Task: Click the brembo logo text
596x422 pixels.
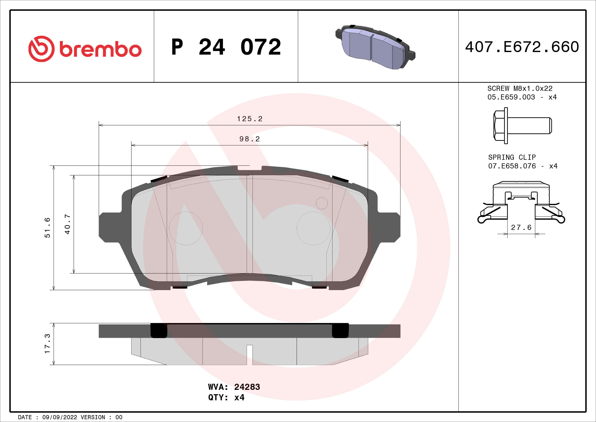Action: pyautogui.click(x=100, y=49)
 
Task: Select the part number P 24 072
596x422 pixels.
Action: pyautogui.click(x=226, y=47)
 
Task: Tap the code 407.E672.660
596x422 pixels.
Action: pyautogui.click(x=522, y=47)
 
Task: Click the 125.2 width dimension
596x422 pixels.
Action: pyautogui.click(x=249, y=119)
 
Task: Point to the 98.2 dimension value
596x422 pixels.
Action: pyautogui.click(x=249, y=139)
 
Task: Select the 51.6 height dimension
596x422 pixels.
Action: pyautogui.click(x=47, y=228)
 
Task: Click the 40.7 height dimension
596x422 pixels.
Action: pyautogui.click(x=67, y=224)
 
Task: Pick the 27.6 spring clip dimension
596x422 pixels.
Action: pyautogui.click(x=521, y=228)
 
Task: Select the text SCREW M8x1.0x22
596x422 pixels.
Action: pyautogui.click(x=520, y=89)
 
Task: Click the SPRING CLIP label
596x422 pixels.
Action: pyautogui.click(x=512, y=157)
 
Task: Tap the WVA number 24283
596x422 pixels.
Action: pyautogui.click(x=247, y=387)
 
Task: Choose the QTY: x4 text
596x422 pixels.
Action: pyautogui.click(x=226, y=398)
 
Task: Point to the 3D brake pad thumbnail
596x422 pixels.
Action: pyautogui.click(x=375, y=47)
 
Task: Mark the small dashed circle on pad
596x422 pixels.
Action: pyautogui.click(x=322, y=203)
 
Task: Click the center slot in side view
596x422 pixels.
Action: pyautogui.click(x=249, y=354)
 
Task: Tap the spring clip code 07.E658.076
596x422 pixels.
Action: pyautogui.click(x=512, y=166)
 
